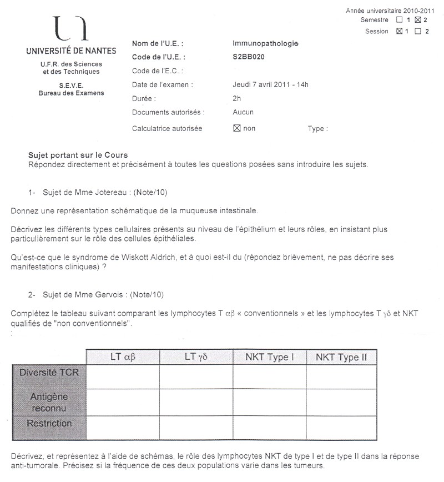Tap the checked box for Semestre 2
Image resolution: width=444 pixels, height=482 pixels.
[418, 20]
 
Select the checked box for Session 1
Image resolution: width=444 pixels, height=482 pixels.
[398, 31]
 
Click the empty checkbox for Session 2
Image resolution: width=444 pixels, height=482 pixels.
[417, 31]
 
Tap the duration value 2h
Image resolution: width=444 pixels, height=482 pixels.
[237, 98]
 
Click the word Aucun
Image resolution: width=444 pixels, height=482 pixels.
[243, 112]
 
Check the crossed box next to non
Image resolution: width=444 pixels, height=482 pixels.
[236, 128]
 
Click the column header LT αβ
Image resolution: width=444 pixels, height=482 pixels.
[123, 357]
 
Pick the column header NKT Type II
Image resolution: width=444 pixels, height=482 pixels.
[341, 357]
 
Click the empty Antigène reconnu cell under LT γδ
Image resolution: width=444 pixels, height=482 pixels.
[196, 401]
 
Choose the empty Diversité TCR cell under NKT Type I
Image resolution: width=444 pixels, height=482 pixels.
[269, 376]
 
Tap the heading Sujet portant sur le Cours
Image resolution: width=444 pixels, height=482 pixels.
[78, 155]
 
